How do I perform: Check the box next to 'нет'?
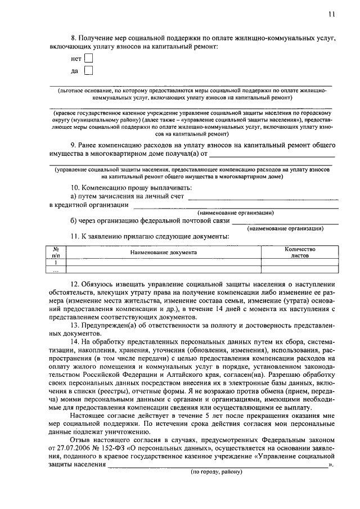click(88, 57)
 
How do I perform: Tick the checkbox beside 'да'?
click(88, 70)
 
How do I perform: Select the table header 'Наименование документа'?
click(164, 253)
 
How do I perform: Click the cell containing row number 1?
click(56, 262)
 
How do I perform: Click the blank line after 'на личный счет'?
click(263, 197)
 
